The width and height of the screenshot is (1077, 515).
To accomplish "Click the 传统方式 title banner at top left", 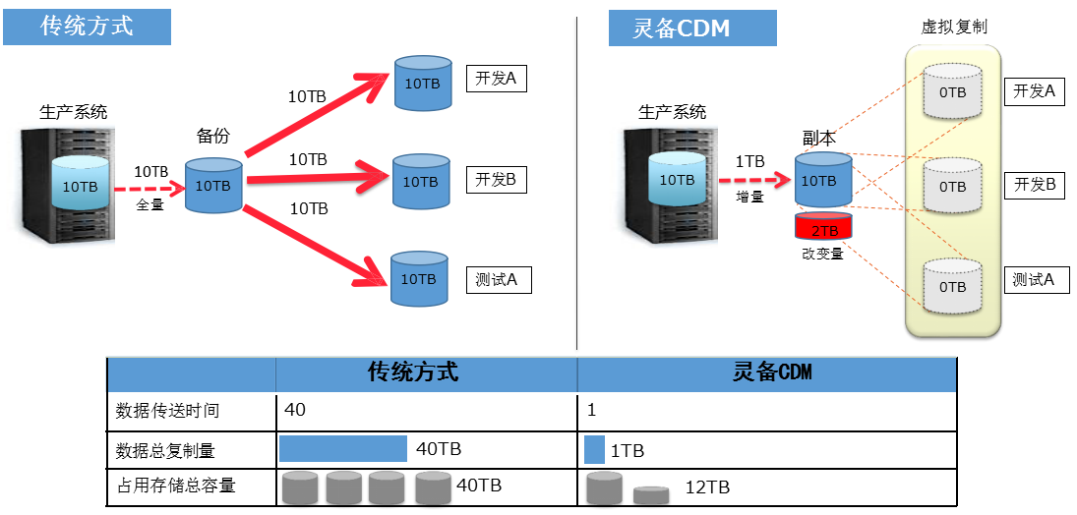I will [x=87, y=27].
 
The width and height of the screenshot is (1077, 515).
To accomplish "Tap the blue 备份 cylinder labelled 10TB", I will [x=213, y=185].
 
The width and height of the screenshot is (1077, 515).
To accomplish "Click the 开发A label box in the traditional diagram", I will [x=496, y=79].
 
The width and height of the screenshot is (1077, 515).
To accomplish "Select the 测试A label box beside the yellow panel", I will [x=1034, y=280].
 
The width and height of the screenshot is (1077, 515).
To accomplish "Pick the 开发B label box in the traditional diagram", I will [x=496, y=180].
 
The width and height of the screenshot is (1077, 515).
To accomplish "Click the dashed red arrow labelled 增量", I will [x=754, y=180].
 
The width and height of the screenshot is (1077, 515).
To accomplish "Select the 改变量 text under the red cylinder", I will [x=822, y=255].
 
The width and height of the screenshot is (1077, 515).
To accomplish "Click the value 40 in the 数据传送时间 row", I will [x=294, y=409].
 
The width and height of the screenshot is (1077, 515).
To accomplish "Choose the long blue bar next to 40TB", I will [x=342, y=449].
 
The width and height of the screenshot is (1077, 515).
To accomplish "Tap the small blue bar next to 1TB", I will [x=594, y=450].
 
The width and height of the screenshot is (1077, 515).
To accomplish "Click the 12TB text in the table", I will [x=707, y=487].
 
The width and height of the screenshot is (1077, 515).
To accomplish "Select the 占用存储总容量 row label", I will [x=176, y=486].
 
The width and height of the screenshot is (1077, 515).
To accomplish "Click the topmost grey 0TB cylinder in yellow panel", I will [x=951, y=91].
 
